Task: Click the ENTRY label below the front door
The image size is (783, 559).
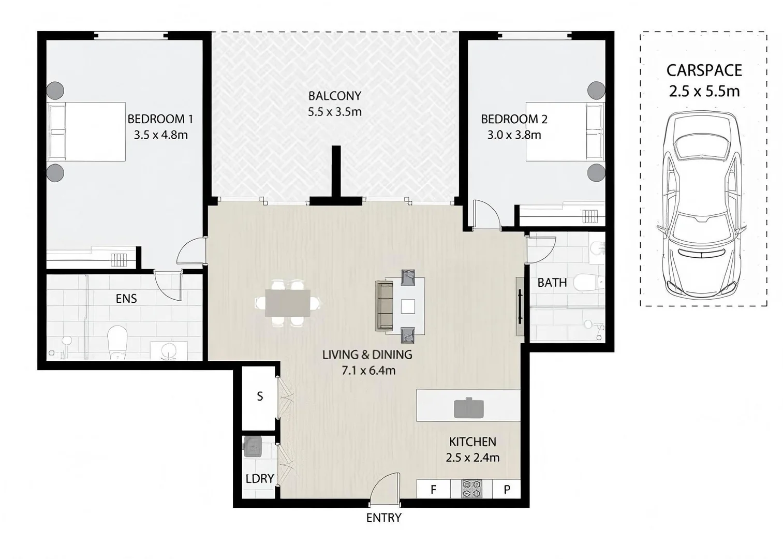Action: pos(383,518)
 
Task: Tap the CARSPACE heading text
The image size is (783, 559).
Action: pos(704,70)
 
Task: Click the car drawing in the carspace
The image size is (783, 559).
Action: pos(702,207)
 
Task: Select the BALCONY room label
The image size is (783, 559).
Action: pos(334,96)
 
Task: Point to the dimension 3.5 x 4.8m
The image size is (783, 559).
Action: pos(160,135)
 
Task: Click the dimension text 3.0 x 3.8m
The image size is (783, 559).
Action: pos(514,135)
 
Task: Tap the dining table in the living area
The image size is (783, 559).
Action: pos(287,303)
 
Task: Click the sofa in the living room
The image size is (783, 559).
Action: pos(384,305)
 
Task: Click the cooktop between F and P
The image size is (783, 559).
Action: pos(471,489)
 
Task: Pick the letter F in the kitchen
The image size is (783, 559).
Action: pos(433,489)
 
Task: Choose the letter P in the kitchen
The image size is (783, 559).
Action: pos(507,489)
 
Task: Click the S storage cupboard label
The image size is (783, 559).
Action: pos(260,396)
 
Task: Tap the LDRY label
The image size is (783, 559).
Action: pos(259,479)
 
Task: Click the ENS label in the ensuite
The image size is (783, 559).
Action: pos(126,298)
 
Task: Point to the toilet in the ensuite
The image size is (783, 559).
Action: pos(117,342)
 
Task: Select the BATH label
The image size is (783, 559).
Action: pos(552,283)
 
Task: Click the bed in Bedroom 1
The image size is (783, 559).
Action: pos(87,131)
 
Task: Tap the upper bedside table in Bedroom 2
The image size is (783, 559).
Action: pos(596,91)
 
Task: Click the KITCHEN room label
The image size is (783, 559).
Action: pos(472,442)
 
